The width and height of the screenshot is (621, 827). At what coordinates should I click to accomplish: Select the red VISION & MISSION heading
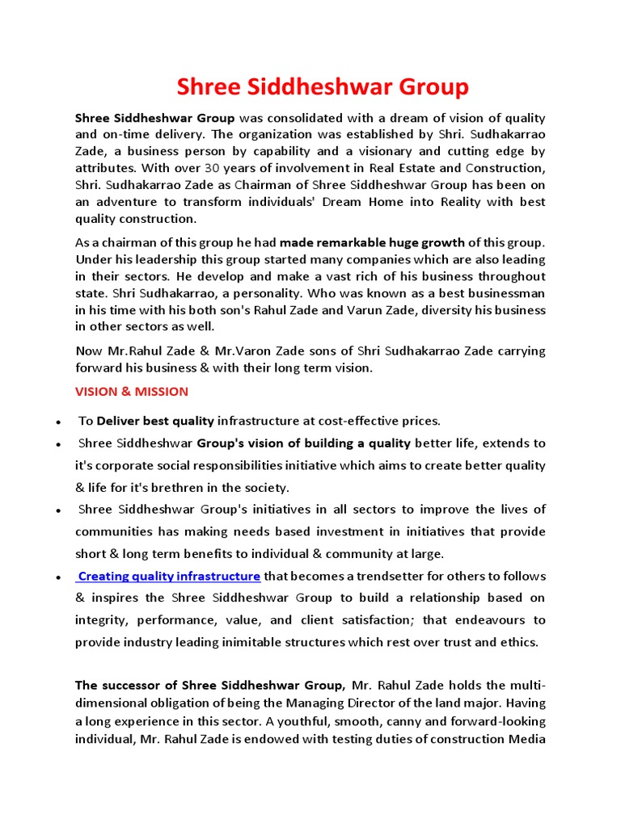132,392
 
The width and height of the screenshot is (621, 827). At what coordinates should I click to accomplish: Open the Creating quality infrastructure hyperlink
169,576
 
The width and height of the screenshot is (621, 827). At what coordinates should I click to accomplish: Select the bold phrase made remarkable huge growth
372,242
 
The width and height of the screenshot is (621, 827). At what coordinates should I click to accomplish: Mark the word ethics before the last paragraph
517,642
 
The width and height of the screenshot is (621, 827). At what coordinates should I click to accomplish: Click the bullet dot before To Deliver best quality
59,422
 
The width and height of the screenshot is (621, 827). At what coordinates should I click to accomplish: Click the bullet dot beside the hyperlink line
59,577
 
